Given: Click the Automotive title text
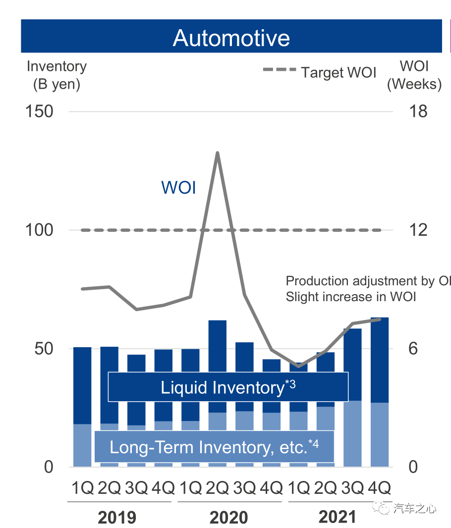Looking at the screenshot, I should [231, 38].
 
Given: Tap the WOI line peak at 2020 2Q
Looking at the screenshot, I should [217, 153].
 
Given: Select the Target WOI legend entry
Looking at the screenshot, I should [320, 72].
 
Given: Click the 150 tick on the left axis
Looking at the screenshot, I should [39, 111].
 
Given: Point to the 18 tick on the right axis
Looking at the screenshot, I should [418, 111].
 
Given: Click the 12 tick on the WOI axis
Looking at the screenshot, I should [418, 230].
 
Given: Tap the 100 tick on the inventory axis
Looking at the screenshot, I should [39, 230].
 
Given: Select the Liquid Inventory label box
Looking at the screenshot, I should [228, 387].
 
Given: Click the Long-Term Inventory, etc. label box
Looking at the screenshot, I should [214, 447].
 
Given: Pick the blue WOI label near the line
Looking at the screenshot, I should [178, 188].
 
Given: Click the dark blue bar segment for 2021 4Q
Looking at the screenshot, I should [379, 359].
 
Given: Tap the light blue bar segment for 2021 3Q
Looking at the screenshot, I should [352, 433].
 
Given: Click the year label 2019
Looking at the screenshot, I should [117, 518].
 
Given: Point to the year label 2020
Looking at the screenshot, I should [228, 518].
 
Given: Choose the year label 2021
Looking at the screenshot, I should [337, 518].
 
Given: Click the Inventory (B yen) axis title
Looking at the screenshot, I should [56, 75].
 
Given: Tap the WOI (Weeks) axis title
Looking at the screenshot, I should [414, 75].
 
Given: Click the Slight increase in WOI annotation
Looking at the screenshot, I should [351, 297].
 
